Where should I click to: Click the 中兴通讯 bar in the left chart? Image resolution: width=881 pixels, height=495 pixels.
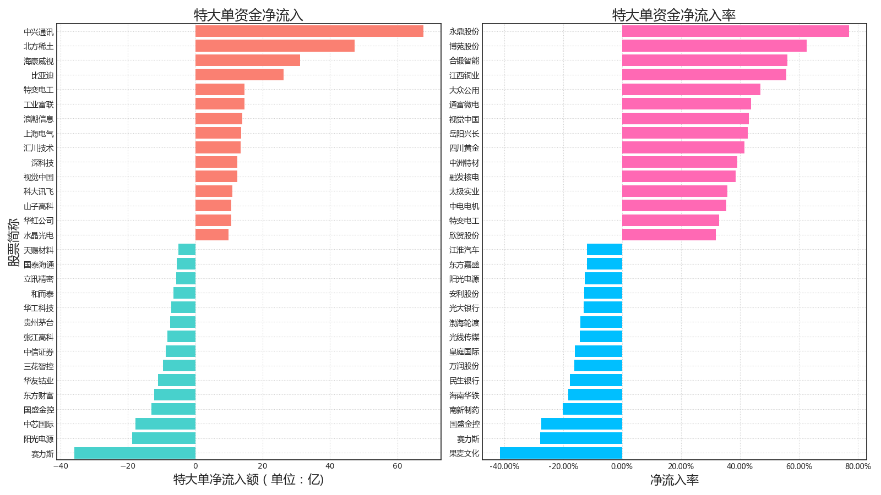coord(309,31)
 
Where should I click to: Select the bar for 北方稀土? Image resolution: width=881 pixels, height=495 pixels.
coord(275,46)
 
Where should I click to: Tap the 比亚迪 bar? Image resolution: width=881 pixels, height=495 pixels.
coord(239,75)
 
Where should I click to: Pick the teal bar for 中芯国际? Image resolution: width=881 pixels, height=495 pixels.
coord(165,424)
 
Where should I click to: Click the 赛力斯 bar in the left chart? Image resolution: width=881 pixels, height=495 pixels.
coord(135,453)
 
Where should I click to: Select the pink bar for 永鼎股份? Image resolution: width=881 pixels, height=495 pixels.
coord(735,31)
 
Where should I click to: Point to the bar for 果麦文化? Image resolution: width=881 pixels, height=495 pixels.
coord(561,453)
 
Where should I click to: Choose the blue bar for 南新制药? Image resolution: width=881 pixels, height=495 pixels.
coord(592,409)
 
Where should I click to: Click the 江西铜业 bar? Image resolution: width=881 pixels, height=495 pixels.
coord(704,75)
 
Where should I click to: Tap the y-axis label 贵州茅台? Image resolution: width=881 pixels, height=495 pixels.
coord(39,323)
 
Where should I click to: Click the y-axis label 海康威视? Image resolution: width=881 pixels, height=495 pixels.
coord(39,61)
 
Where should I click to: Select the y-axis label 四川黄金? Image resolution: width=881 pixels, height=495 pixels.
coord(464,148)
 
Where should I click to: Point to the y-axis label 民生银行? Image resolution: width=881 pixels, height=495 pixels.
coord(464,381)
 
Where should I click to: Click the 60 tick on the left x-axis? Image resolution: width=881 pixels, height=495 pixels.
coord(398,466)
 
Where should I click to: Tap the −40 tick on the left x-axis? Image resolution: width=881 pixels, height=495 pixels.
coord(61,466)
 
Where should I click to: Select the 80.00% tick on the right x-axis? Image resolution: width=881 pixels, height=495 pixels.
coord(858,466)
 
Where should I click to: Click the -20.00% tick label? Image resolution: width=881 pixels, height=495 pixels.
coord(563,466)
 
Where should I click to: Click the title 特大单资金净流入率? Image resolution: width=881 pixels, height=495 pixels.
coord(673,15)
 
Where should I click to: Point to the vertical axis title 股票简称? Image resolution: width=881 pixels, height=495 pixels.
coord(14,242)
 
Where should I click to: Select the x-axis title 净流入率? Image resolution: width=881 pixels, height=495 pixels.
coord(674,480)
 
